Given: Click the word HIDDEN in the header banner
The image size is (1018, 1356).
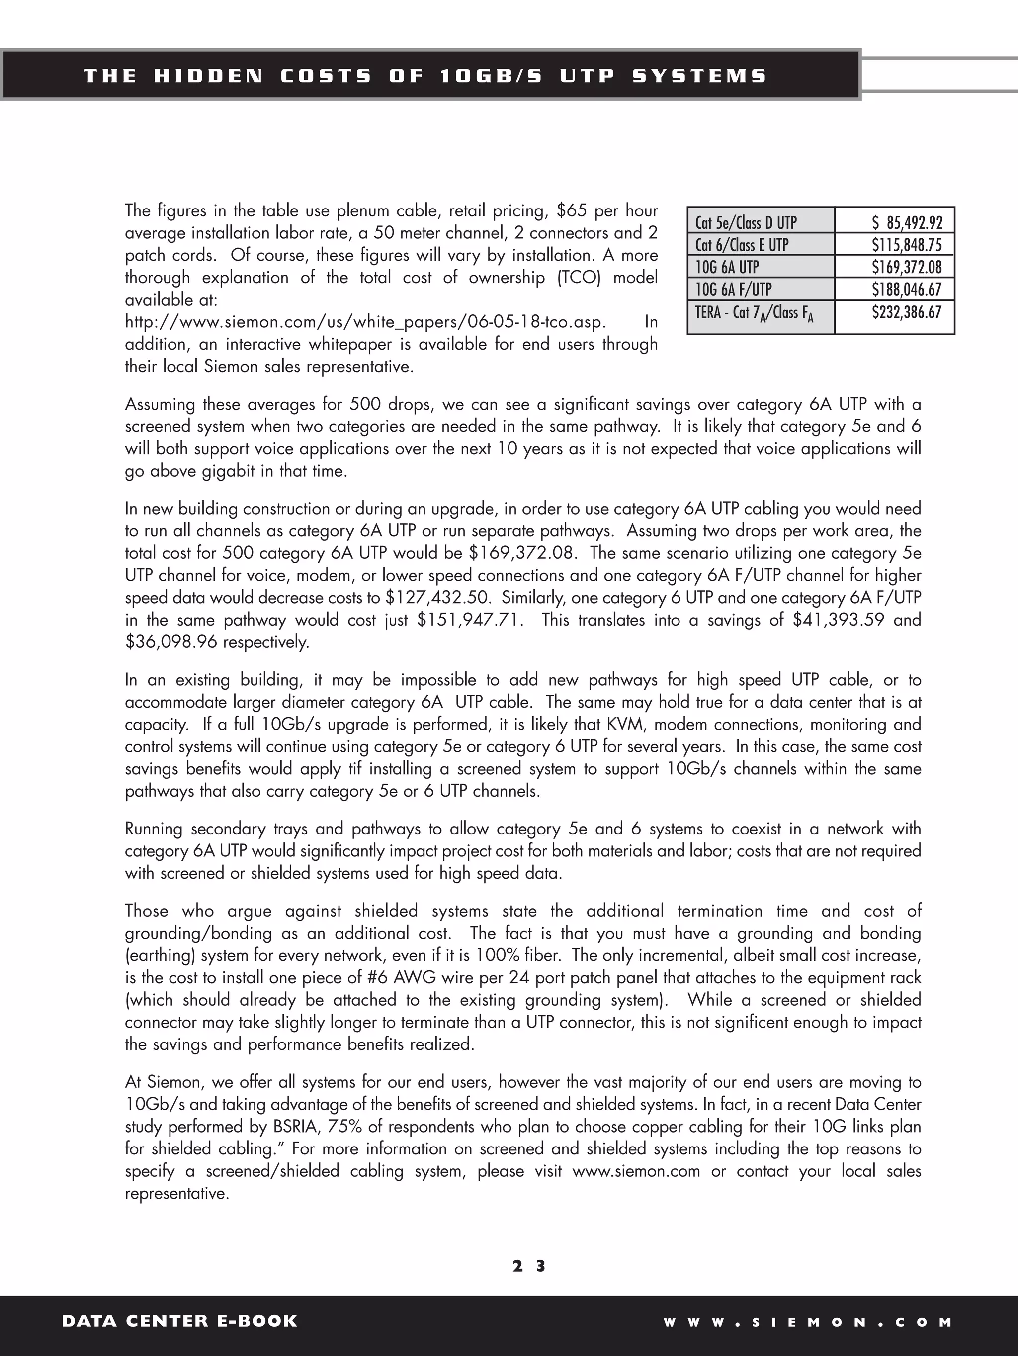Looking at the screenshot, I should point(208,76).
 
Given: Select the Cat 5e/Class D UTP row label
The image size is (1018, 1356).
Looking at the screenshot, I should point(746,222).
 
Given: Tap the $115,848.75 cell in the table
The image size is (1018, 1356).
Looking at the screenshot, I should point(907,245).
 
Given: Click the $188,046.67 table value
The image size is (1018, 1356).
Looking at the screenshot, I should point(907,289).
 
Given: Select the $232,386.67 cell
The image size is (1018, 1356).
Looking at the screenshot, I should point(907,312).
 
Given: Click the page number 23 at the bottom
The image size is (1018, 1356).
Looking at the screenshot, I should point(529,1266).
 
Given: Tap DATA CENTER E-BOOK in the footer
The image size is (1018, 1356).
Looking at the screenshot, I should point(179,1321).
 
